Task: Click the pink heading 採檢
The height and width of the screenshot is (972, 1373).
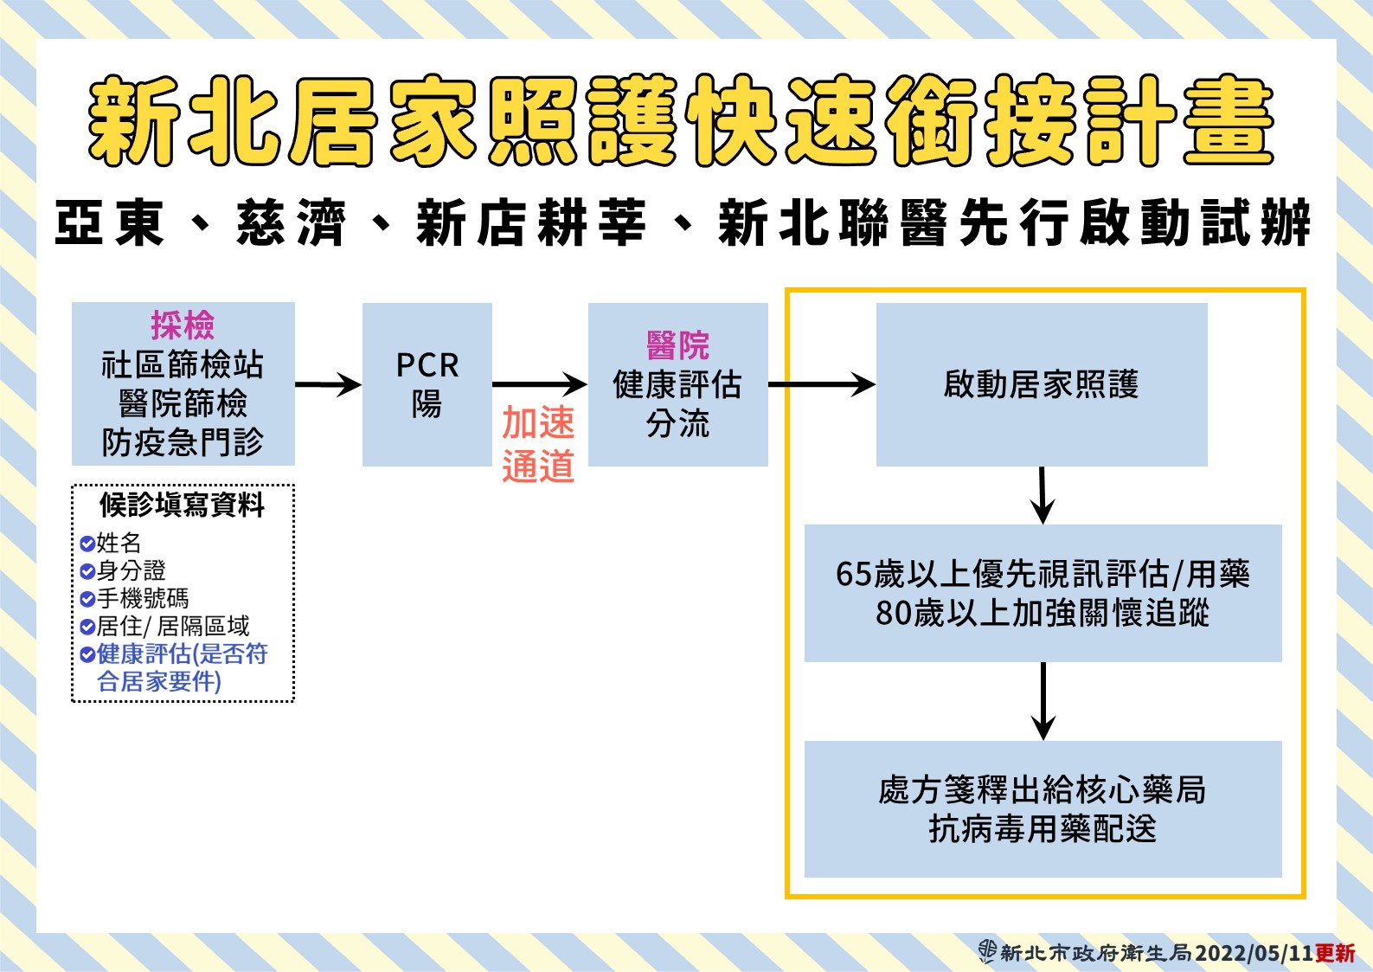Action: point(183,325)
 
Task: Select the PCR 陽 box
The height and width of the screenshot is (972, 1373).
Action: point(427,384)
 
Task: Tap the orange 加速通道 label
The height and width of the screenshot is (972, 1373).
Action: point(538,444)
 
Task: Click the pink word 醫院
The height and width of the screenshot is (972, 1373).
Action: point(677,345)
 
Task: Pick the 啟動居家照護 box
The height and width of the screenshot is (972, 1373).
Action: point(1042,384)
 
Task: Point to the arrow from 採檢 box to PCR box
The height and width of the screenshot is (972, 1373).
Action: point(328,384)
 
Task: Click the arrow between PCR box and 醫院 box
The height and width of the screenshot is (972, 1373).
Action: point(539,384)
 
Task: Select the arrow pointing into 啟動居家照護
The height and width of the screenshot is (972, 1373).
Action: point(821,384)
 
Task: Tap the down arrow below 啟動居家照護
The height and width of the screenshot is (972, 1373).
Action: point(1042,495)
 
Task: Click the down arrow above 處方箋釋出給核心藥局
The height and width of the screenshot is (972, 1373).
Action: point(1043,701)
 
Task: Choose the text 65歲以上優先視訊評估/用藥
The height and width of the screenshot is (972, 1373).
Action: point(1043,575)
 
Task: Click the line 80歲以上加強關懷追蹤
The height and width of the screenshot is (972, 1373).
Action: point(1043,614)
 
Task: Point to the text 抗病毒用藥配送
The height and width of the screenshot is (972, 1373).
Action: point(1042,829)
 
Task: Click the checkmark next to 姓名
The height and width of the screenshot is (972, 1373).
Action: point(87,544)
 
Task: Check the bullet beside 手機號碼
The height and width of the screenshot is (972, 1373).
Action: point(87,599)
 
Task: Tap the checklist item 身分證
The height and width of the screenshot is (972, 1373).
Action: point(132,571)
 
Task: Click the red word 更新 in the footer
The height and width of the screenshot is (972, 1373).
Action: point(1335,953)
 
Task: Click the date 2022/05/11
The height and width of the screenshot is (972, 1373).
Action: point(1254,953)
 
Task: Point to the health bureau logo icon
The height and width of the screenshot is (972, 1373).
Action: point(987,952)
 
